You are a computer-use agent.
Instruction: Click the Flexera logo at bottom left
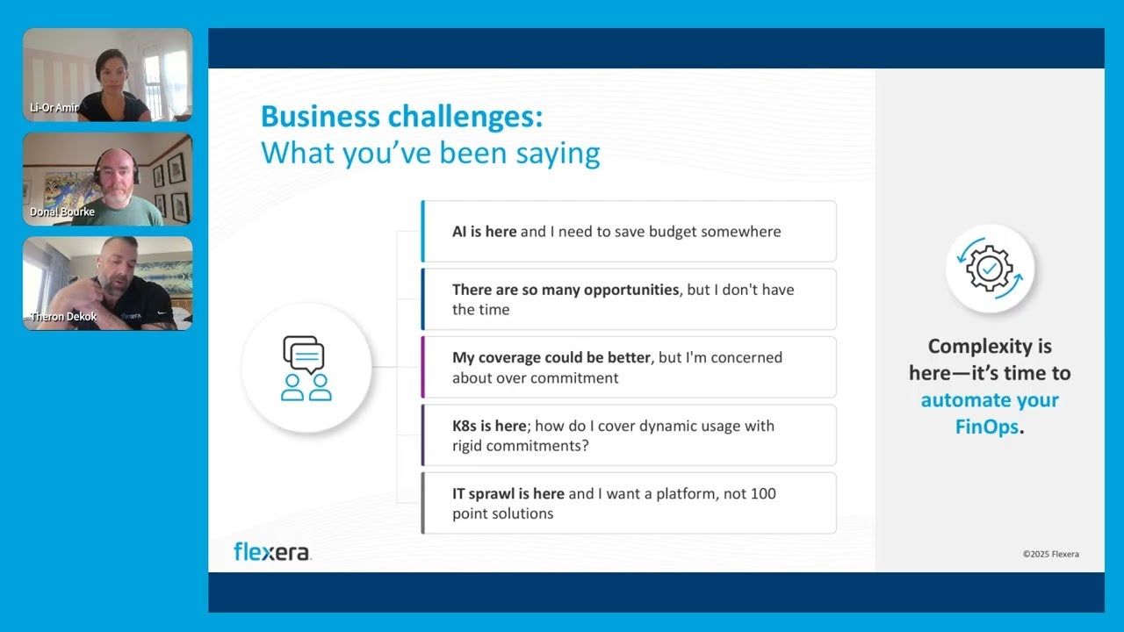point(271,551)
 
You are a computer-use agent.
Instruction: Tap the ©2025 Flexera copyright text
point(1050,554)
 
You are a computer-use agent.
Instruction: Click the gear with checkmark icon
point(990,269)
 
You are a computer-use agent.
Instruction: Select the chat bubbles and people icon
point(306,368)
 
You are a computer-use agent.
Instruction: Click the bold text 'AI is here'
point(484,232)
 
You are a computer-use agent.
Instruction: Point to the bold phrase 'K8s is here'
point(489,426)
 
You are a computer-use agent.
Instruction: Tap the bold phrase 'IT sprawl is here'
point(508,493)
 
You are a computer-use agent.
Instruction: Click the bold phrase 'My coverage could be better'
point(551,357)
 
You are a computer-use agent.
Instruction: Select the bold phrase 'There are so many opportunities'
point(566,289)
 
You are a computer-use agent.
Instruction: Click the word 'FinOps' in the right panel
point(987,427)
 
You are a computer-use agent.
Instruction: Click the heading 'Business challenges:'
point(402,117)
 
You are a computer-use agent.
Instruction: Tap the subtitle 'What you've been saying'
point(430,153)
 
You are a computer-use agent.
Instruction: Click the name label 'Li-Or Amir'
point(54,108)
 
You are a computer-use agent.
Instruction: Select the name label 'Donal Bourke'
point(61,212)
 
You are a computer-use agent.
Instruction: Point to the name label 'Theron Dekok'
point(63,316)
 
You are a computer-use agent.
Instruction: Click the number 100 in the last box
point(763,493)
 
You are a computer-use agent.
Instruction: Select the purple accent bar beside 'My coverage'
point(423,367)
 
